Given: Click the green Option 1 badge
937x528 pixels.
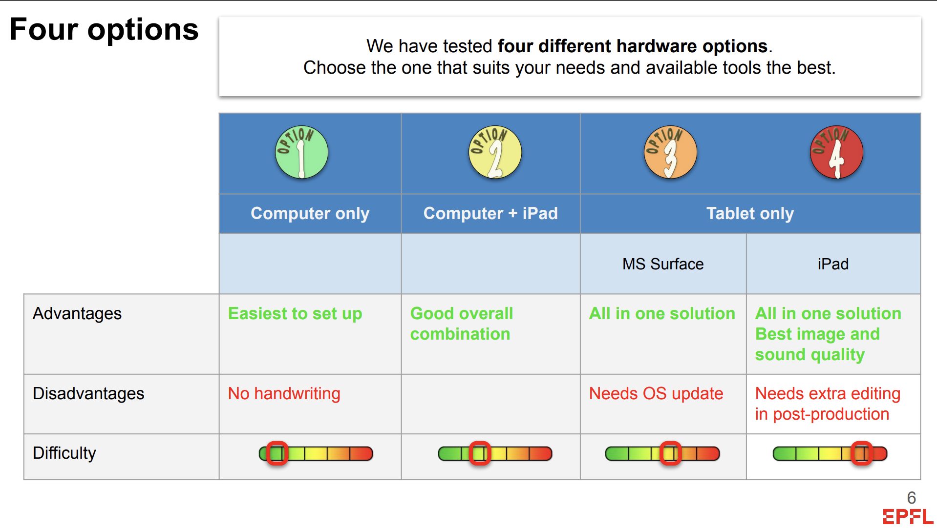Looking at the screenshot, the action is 301,152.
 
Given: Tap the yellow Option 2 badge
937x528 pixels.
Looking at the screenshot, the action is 495,152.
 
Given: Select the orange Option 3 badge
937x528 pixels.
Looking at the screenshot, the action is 670,152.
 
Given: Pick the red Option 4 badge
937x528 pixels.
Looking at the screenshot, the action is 836,152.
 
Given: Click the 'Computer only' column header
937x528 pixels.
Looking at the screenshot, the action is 310,214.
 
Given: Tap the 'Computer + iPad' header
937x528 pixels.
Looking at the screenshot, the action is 490,213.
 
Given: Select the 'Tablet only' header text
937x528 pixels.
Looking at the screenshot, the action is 750,214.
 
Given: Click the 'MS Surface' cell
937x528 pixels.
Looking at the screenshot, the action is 663,264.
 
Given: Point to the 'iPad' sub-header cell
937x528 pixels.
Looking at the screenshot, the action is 833,264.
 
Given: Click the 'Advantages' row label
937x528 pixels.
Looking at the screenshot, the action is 77,314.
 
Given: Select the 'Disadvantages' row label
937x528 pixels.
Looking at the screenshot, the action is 88,393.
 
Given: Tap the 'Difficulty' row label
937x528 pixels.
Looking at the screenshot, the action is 64,453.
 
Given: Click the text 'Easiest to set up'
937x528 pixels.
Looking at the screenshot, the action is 295,314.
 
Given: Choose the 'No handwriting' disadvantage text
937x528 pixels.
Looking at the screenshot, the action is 284,394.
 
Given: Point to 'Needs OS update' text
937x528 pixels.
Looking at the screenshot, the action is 656,394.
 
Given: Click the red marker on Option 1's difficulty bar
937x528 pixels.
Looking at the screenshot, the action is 277,453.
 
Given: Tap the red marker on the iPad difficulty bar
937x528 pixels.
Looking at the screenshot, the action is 861,453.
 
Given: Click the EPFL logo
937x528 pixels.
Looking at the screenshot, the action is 908,517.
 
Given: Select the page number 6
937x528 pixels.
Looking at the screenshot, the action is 912,498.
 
